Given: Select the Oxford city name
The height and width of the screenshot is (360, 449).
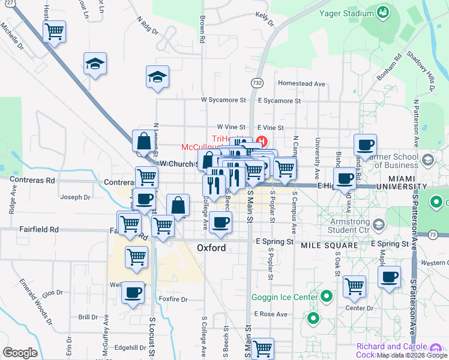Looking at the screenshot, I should (211, 248).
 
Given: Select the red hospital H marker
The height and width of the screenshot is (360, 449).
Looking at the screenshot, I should (262, 142).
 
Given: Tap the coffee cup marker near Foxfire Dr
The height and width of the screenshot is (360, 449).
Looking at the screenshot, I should (133, 293).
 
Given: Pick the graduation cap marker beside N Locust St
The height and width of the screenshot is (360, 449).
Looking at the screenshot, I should (157, 76).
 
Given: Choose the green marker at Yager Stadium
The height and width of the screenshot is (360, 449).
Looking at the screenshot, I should (382, 12).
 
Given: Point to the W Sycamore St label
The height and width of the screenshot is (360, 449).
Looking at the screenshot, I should (223, 100).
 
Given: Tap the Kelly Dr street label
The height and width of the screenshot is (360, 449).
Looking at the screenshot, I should (265, 19).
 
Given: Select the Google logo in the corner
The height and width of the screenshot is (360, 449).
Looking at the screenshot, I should (20, 353).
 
